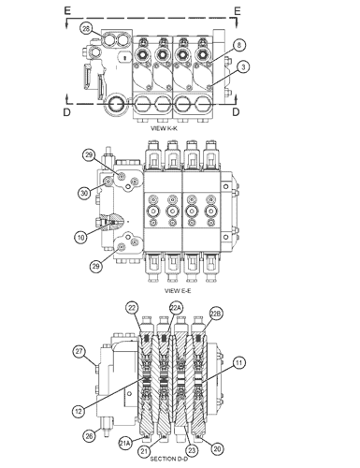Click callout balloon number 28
(x=86, y=29)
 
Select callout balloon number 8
(x=239, y=45)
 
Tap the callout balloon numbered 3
(x=243, y=66)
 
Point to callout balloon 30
(x=84, y=193)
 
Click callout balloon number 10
(x=81, y=238)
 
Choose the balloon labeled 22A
(x=175, y=308)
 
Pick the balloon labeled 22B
(x=216, y=314)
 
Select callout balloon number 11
(x=238, y=363)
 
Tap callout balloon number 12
(x=79, y=411)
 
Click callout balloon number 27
(x=79, y=352)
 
